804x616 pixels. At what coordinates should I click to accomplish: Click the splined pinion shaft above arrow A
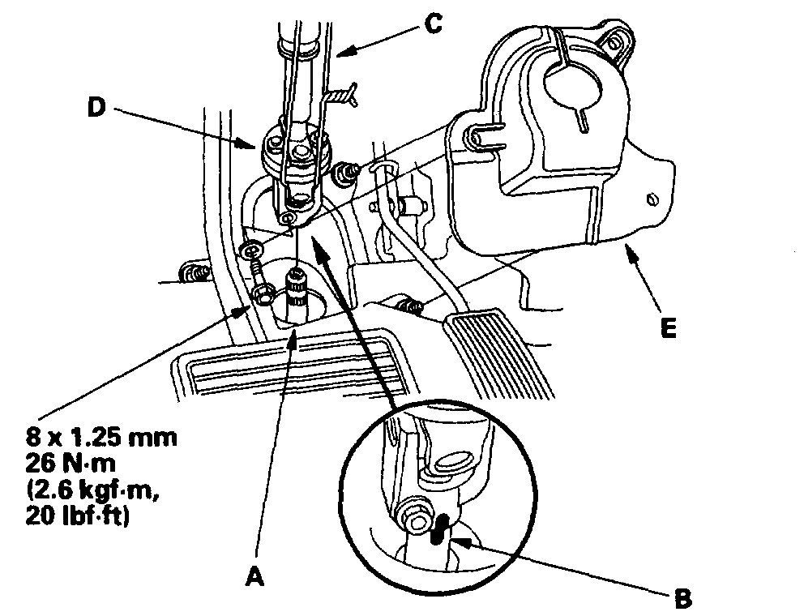pyautogui.click(x=297, y=288)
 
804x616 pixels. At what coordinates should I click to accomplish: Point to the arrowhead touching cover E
pyautogui.click(x=623, y=255)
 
